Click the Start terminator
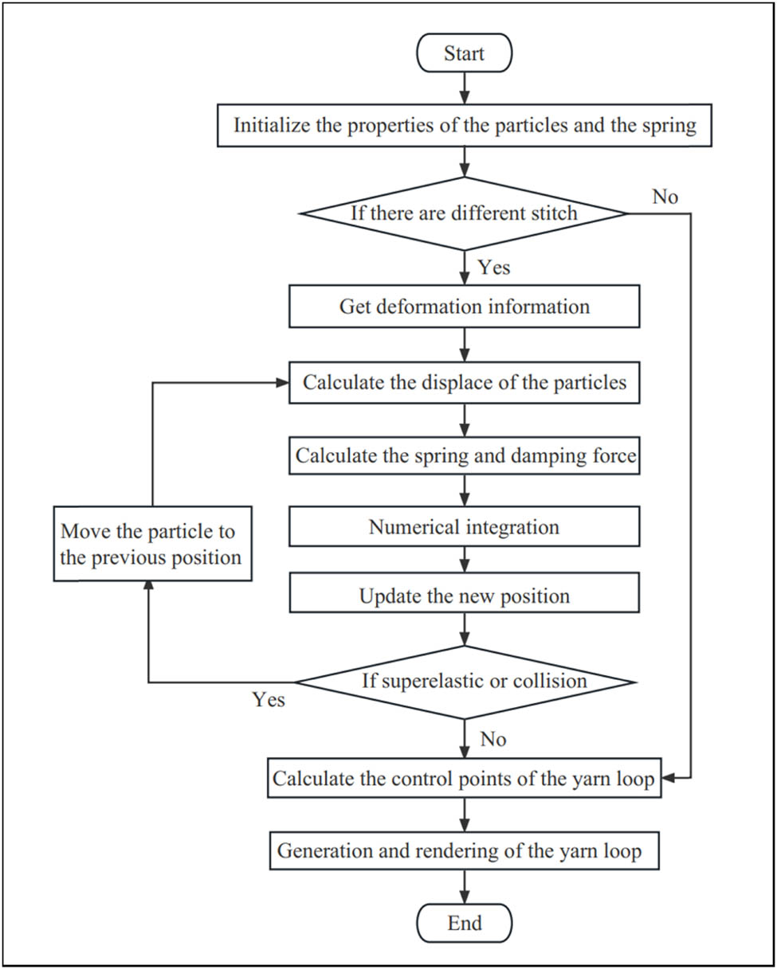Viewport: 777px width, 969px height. [x=465, y=55]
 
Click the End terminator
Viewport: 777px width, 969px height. [x=465, y=923]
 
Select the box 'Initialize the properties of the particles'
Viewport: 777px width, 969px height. [x=465, y=125]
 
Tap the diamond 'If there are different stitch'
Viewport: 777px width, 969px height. [x=465, y=213]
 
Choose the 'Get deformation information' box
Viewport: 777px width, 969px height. [x=465, y=307]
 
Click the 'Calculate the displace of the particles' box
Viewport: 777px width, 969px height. [x=465, y=382]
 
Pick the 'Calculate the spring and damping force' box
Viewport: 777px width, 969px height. [x=465, y=456]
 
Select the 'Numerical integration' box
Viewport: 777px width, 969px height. [x=465, y=527]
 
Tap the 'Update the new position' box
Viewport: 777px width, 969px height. [x=465, y=596]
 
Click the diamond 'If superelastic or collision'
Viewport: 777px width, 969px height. [x=465, y=682]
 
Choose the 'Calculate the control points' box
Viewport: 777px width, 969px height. [x=465, y=779]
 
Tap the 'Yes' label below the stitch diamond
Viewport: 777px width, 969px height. [x=494, y=268]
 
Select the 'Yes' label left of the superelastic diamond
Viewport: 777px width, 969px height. [x=269, y=700]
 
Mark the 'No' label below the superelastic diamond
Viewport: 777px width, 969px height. [x=492, y=740]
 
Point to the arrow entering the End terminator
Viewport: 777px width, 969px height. [x=465, y=888]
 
